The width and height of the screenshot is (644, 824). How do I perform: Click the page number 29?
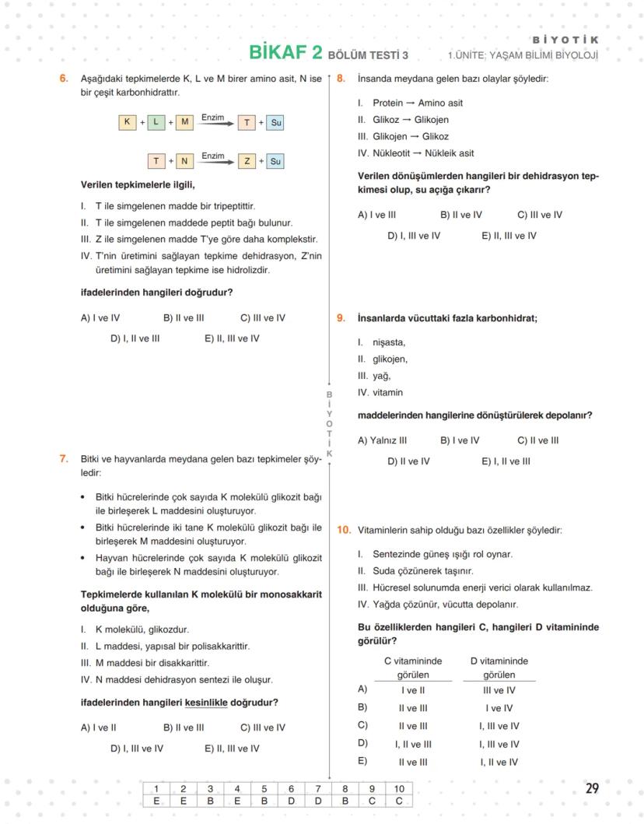[592, 788]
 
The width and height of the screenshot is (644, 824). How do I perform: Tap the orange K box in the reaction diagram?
[127, 122]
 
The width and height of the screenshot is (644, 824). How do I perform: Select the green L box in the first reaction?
[156, 122]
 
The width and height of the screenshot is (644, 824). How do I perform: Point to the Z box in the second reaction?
[247, 161]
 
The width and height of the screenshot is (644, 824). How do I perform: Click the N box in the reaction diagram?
[184, 161]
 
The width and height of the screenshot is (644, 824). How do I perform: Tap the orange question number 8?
[341, 79]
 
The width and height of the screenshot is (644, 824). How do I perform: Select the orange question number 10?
[343, 530]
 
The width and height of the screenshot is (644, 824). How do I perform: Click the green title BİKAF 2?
[285, 52]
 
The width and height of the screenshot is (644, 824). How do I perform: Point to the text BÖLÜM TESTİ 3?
[368, 55]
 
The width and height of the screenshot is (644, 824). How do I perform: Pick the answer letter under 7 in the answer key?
[317, 801]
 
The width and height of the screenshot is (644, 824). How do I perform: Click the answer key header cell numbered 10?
[399, 789]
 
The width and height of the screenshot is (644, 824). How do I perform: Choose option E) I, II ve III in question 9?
[506, 461]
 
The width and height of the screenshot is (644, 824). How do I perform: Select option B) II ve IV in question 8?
[461, 215]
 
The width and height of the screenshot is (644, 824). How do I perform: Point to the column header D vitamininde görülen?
[499, 668]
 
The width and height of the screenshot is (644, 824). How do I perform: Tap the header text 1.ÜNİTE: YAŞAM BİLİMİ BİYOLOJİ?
[523, 55]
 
